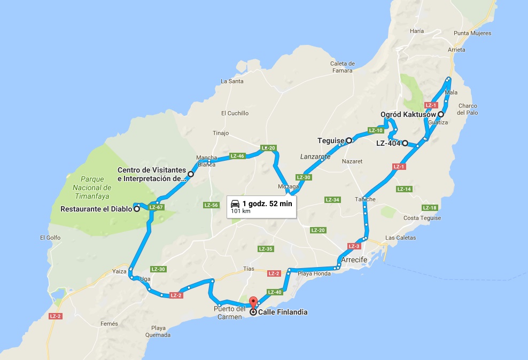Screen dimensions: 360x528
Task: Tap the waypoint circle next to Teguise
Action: tap(349, 140)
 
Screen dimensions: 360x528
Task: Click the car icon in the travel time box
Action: tap(235, 204)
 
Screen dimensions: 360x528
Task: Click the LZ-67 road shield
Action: tap(156, 207)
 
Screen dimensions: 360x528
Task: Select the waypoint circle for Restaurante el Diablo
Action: tap(137, 209)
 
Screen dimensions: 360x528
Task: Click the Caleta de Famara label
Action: tap(342, 67)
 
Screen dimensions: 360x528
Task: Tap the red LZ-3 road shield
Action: tap(354, 246)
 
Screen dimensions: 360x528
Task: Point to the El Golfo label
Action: tap(50, 238)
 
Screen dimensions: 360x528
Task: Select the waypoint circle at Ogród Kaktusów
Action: tap(441, 114)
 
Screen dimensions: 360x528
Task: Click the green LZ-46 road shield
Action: tap(237, 156)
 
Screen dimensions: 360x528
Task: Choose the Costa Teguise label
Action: tap(422, 218)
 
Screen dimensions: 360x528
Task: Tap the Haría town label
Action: tap(417, 31)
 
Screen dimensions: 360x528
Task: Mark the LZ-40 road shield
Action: tap(274, 292)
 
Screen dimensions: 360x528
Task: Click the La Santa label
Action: tap(232, 81)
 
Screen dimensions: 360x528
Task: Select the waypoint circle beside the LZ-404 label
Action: tap(405, 143)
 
